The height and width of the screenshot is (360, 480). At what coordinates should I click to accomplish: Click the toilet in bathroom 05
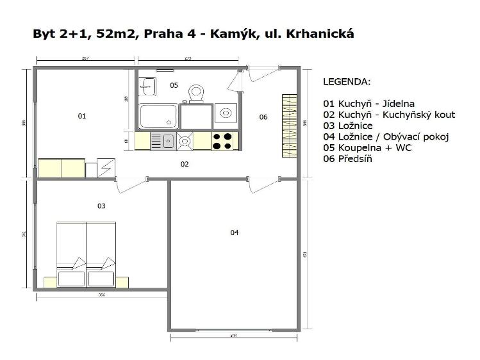point(195,94)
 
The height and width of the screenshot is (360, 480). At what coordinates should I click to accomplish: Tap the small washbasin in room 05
point(147,85)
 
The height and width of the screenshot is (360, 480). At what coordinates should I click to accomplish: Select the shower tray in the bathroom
point(158,117)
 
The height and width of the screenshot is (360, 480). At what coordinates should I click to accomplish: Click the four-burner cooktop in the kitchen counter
point(224,140)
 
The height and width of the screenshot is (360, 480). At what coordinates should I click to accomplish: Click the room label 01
point(81,116)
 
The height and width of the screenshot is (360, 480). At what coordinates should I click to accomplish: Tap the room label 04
point(235,233)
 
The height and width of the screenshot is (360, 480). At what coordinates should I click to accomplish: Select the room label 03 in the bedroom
point(101,206)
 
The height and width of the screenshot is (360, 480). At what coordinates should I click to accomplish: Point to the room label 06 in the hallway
point(263,117)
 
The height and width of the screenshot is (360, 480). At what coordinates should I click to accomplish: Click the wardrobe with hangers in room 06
point(289,126)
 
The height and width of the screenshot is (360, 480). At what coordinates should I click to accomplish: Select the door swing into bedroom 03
point(130,186)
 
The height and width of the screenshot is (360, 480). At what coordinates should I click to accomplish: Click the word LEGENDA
point(347,82)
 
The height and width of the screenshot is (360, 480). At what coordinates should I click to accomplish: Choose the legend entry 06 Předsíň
point(347,158)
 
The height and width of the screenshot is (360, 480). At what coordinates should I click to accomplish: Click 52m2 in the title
point(115,33)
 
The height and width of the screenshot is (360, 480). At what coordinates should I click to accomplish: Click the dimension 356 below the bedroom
point(101,295)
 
